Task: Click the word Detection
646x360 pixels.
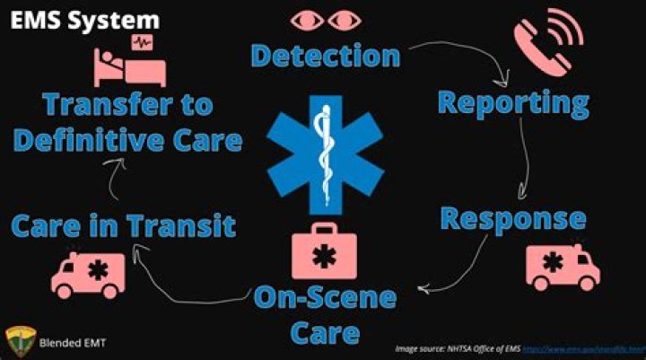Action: pyautogui.click(x=325, y=56)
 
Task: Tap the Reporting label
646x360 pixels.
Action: pyautogui.click(x=512, y=101)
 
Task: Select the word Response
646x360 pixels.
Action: pyautogui.click(x=513, y=219)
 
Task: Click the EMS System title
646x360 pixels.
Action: pyautogui.click(x=85, y=20)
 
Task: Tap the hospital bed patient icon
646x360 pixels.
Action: pyautogui.click(x=126, y=62)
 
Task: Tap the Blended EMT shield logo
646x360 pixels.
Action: pyautogui.click(x=19, y=340)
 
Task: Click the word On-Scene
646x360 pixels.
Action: pyautogui.click(x=324, y=300)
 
